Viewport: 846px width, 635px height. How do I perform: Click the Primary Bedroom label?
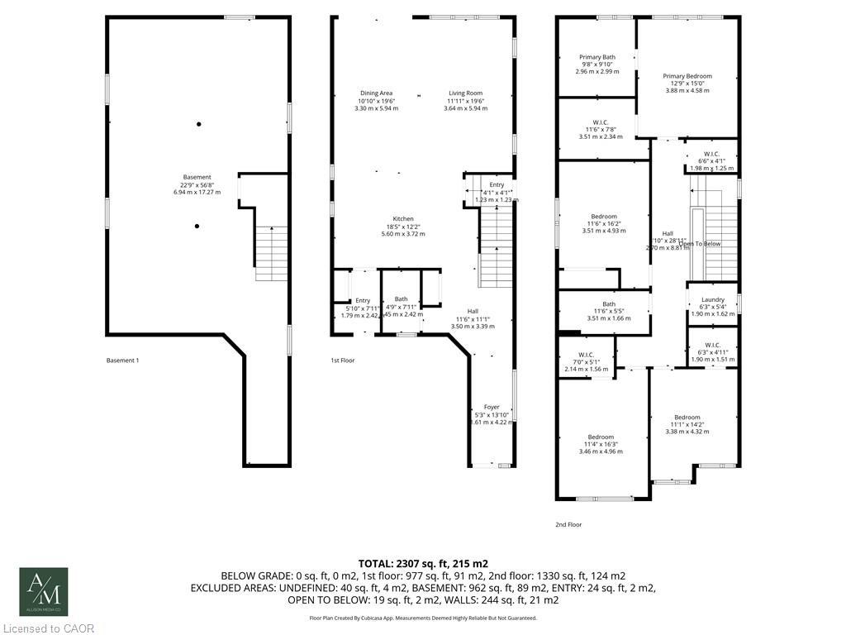point(687,76)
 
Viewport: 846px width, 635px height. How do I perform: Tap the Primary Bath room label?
point(596,57)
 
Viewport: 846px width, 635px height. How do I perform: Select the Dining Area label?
point(376,93)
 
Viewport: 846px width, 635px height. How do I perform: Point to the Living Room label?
point(465,93)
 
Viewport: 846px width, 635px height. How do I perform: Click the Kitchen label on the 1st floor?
point(402,219)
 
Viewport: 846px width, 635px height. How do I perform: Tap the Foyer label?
point(492,407)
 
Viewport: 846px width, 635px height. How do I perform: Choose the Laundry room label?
point(712,299)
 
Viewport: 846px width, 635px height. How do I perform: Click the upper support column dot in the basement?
point(198,124)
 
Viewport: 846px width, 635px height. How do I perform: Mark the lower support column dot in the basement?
point(197,225)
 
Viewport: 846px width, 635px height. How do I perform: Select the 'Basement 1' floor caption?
point(123,360)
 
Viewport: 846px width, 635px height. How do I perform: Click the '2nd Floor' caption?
point(568,524)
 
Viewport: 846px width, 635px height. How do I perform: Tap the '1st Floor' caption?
point(342,360)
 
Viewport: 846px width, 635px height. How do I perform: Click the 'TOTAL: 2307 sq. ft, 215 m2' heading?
point(422,562)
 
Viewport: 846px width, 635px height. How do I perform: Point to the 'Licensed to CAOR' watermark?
point(48,628)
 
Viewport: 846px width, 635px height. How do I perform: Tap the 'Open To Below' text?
point(700,244)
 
